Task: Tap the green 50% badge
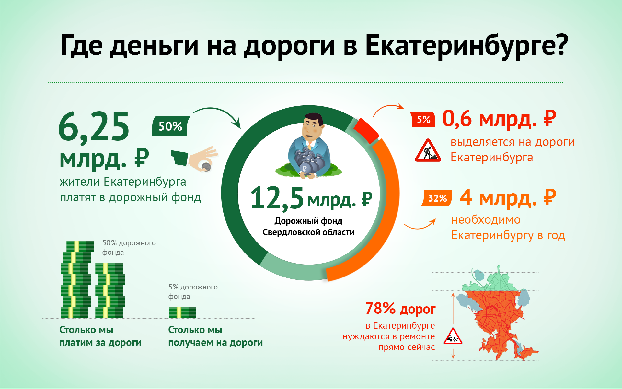tap(170, 126)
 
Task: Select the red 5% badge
tap(423, 119)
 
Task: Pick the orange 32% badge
tap(437, 198)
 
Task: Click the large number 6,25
tap(94, 126)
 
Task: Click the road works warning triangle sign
tap(428, 151)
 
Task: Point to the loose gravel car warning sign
tap(453, 336)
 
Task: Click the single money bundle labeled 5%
tap(182, 312)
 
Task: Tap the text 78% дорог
tap(400, 309)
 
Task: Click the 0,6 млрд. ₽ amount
tap(499, 119)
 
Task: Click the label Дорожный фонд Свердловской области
tap(308, 227)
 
